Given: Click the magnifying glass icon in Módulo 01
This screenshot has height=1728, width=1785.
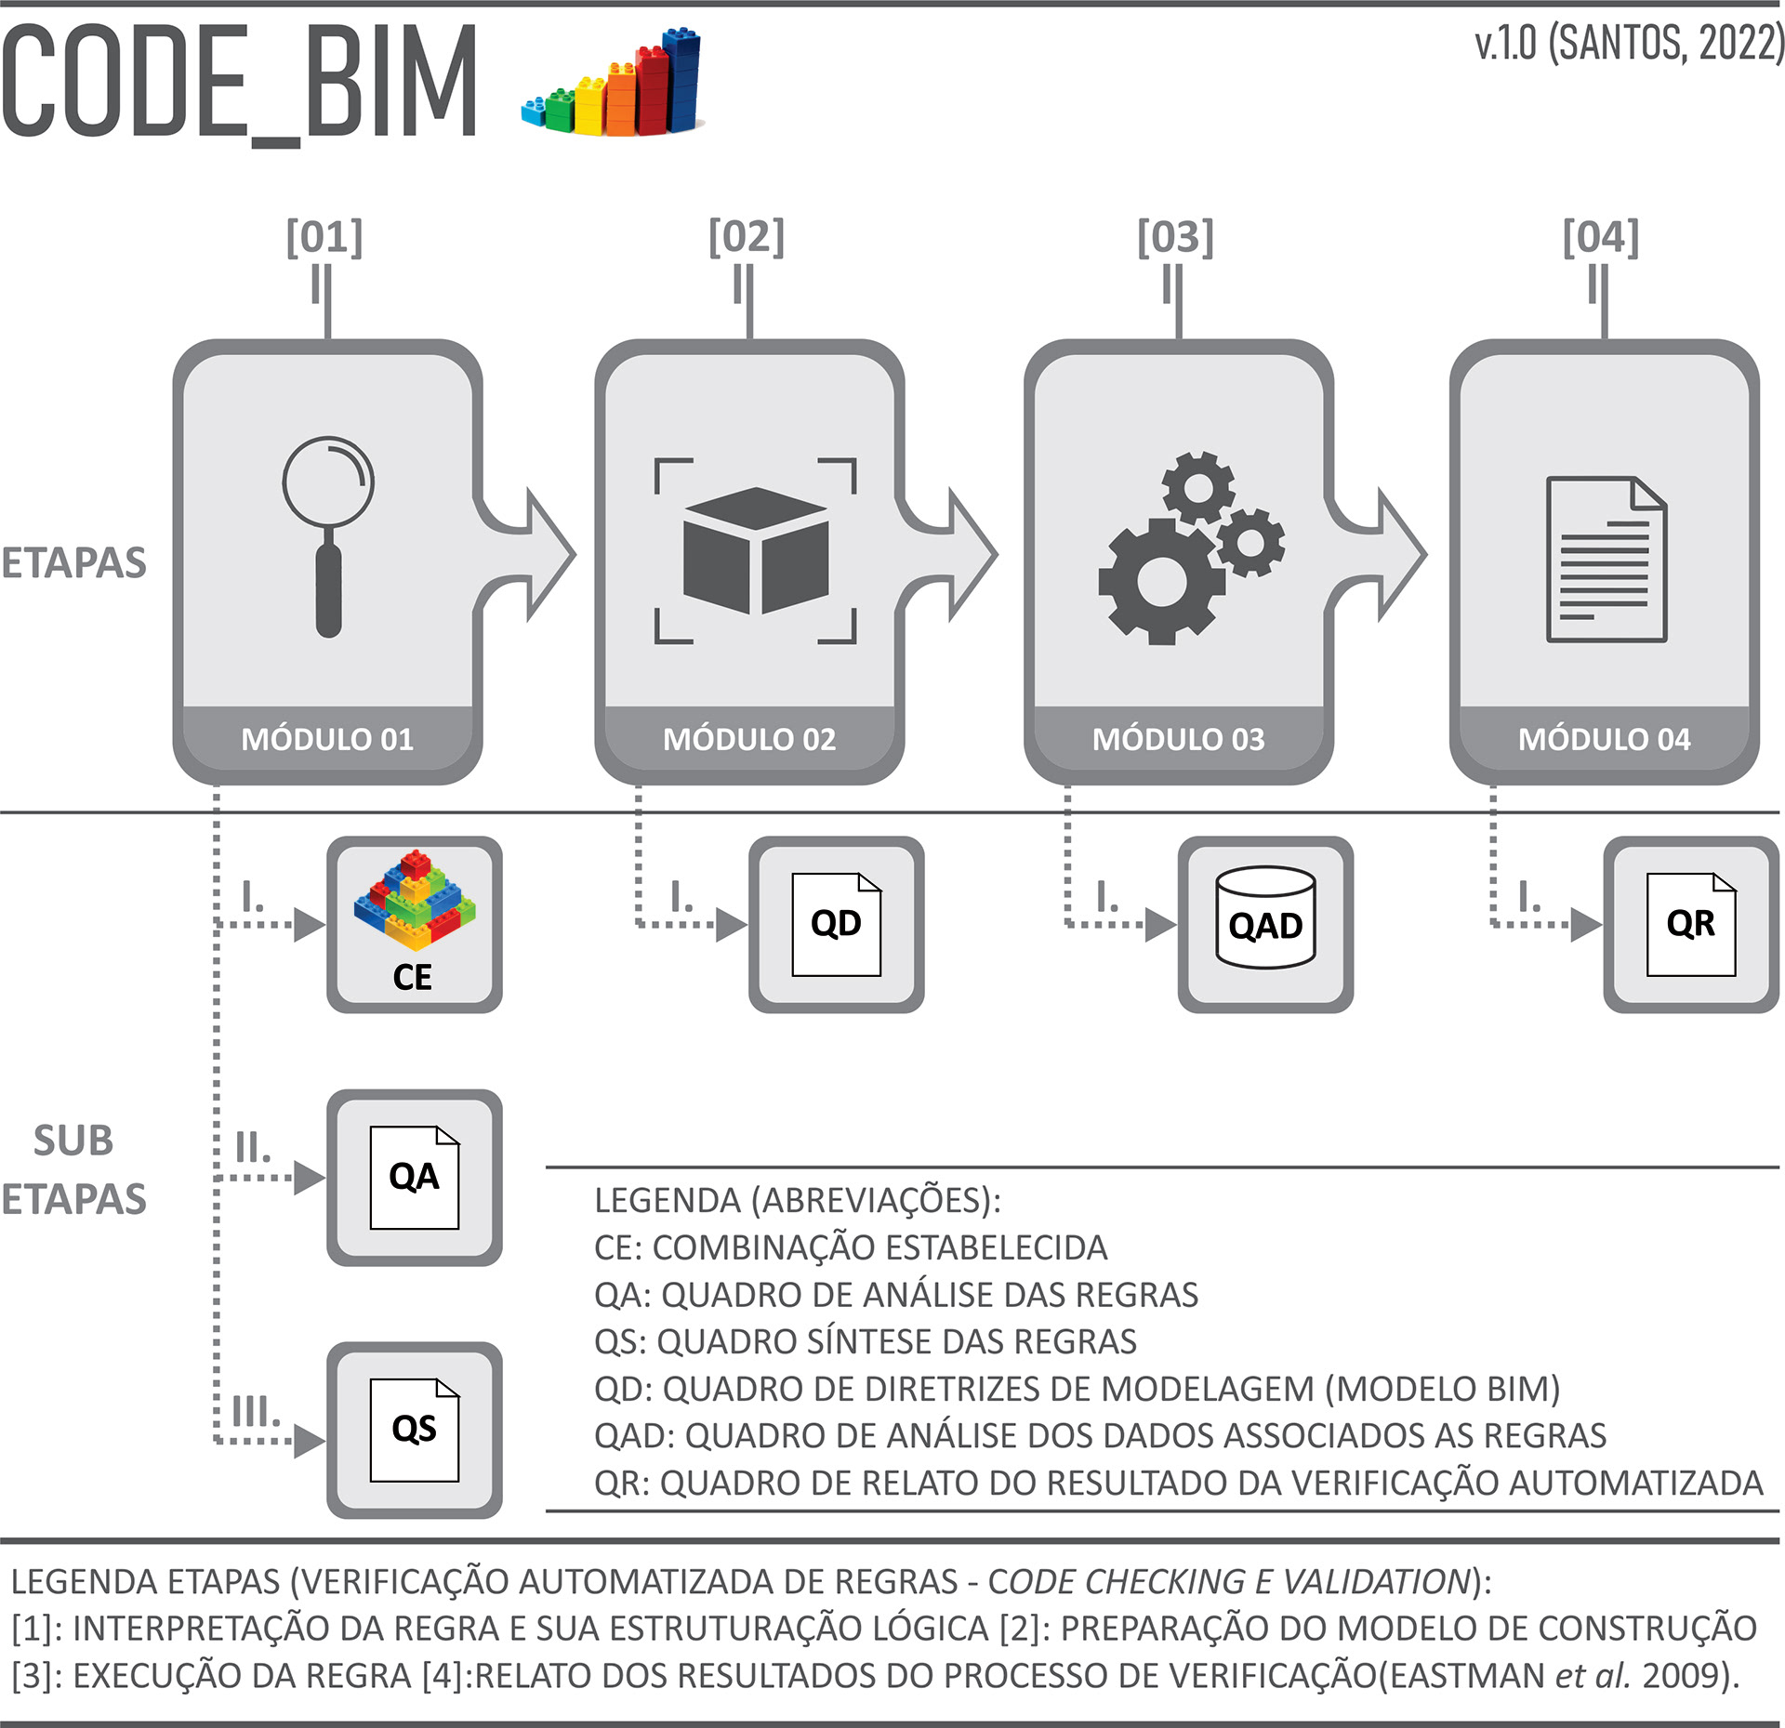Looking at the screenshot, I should point(328,534).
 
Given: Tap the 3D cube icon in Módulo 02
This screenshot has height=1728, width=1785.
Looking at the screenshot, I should point(755,550).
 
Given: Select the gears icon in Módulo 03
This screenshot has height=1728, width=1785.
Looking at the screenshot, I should point(1191,547).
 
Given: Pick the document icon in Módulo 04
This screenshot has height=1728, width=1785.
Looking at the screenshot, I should point(1606,559).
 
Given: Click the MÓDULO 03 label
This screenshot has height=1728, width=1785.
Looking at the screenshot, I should point(1178,739).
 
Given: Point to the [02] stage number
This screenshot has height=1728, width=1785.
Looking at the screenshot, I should point(747,237).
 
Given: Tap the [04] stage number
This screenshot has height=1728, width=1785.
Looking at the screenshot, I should point(1600,237).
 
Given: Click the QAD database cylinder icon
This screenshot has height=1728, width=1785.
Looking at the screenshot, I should point(1265,918).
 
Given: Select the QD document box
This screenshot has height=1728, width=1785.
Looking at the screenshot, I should point(836,924).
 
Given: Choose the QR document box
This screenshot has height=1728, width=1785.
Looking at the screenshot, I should point(1690,924).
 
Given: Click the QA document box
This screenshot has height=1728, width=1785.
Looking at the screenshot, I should point(415,1177).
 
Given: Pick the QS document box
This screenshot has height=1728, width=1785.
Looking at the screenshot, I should point(415,1430).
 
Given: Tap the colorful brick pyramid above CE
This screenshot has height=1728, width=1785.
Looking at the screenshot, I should point(415,899).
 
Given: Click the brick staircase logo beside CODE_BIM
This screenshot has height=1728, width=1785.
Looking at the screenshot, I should point(613,84).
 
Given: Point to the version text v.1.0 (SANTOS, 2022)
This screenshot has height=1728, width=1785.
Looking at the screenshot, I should point(1628,44).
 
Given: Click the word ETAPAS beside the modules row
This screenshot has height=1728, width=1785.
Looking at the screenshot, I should point(73,563).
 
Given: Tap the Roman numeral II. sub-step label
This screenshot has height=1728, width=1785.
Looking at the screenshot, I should point(253,1149).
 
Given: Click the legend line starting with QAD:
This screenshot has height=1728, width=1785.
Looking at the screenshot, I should point(1100,1435).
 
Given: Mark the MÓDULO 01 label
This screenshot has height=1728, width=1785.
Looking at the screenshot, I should point(327,739).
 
